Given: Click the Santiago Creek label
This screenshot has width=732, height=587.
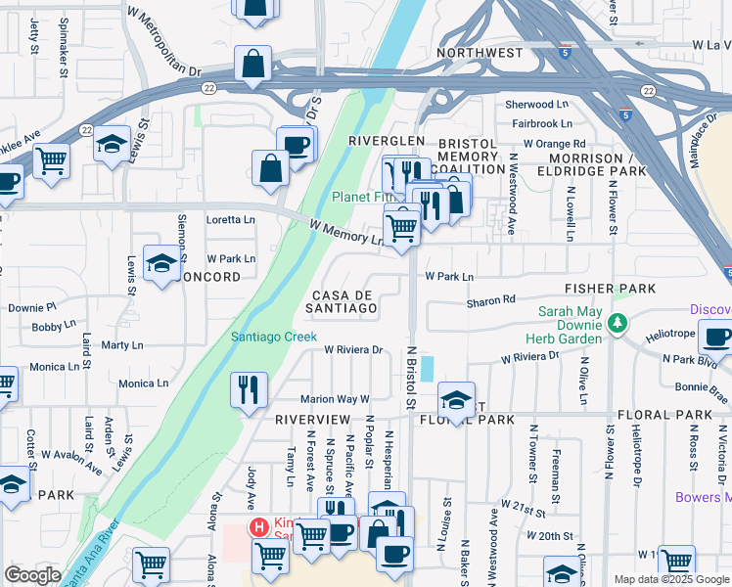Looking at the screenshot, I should [x=273, y=337].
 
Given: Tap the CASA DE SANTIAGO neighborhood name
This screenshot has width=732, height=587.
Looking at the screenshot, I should [x=344, y=301].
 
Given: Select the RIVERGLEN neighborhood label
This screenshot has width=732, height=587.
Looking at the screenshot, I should [x=388, y=142].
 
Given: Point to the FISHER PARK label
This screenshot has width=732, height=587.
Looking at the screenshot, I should [x=609, y=290].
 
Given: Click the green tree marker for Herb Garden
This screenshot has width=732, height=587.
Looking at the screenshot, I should [x=617, y=322].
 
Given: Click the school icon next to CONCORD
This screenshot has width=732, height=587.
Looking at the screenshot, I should [x=161, y=262].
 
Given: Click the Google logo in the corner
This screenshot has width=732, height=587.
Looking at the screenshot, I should [x=32, y=575].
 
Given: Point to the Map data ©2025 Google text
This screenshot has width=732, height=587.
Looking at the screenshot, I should [x=670, y=579].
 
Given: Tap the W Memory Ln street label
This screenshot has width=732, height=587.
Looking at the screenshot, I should [x=345, y=232].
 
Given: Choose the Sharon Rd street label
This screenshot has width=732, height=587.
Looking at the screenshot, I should [x=490, y=300].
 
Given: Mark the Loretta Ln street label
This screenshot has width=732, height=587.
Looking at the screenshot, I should [x=230, y=220].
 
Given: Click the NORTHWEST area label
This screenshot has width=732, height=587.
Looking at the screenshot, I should [x=480, y=52].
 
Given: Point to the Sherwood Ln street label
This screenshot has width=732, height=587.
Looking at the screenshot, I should [x=536, y=105].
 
